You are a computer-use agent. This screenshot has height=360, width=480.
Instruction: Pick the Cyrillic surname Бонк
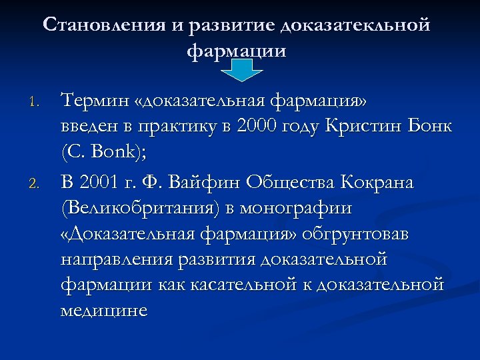pos(429,127)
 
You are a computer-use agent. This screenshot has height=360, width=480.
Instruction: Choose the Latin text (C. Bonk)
pos(103,153)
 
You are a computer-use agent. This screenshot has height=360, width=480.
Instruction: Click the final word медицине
pos(103,311)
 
